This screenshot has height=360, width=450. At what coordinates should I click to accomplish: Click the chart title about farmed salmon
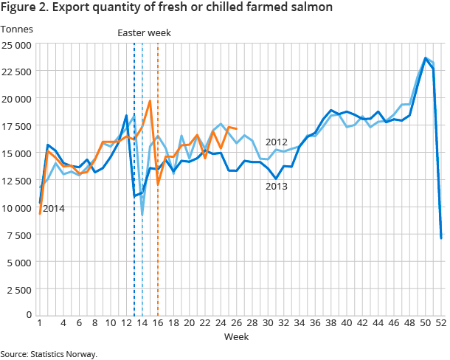pyautogui.click(x=166, y=8)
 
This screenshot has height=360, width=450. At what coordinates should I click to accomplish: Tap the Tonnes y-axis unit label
pyautogui.click(x=16, y=30)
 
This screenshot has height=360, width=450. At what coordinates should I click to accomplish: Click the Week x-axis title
pyautogui.click(x=236, y=337)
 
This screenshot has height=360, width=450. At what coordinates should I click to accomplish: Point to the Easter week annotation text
pyautogui.click(x=145, y=32)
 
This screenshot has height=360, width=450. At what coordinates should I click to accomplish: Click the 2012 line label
pyautogui.click(x=276, y=142)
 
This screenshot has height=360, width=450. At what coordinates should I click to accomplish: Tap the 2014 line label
pyautogui.click(x=54, y=209)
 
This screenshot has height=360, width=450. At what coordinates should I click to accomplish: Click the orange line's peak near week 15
pyautogui.click(x=150, y=101)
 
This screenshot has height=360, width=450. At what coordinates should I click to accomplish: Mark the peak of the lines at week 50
pyautogui.click(x=426, y=58)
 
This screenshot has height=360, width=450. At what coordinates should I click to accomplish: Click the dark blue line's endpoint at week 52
pyautogui.click(x=441, y=238)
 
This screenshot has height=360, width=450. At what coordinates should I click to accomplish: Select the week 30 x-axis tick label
pyautogui.click(x=269, y=323)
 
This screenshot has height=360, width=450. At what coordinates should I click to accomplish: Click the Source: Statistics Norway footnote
pyautogui.click(x=49, y=354)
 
